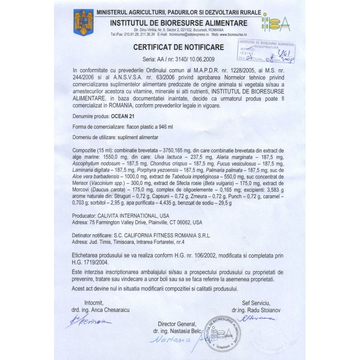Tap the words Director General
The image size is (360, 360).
click(x=177, y=324)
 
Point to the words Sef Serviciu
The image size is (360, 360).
click(x=255, y=301)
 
